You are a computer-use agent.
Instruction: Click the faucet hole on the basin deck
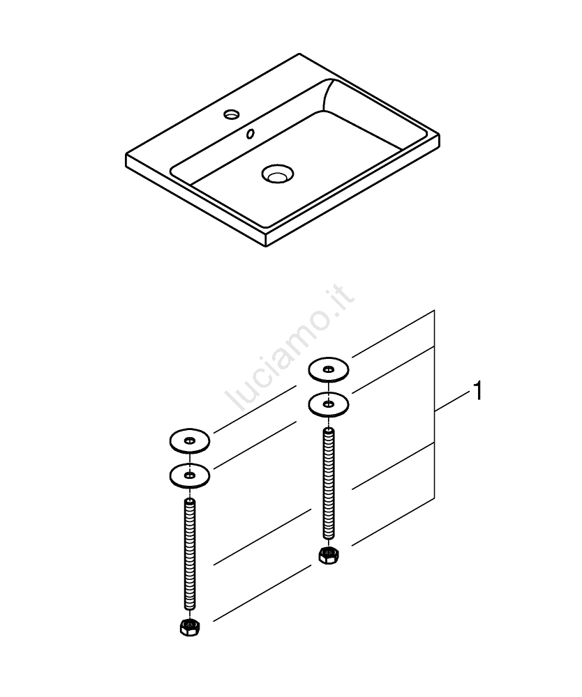point(232,114)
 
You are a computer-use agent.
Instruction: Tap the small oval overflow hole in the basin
point(251,133)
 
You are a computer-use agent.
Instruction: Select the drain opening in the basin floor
point(278,174)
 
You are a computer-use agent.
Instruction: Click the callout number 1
point(477,391)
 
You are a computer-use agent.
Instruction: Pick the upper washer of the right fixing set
point(329,369)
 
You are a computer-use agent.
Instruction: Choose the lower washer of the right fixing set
point(329,404)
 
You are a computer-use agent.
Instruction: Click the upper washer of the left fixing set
point(190,441)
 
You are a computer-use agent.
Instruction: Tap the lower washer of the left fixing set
point(190,475)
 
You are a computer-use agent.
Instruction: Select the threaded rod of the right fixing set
point(329,484)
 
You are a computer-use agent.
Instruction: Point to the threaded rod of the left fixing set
point(190,554)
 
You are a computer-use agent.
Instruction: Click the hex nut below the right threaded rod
point(329,556)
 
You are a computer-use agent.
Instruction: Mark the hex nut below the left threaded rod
point(190,627)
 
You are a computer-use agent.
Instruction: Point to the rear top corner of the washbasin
point(299,54)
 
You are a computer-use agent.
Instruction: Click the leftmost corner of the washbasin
point(126,155)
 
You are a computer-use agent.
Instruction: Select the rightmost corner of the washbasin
point(440,135)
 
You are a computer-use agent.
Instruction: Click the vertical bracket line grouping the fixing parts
point(434,404)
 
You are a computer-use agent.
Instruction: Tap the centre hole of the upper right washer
point(329,369)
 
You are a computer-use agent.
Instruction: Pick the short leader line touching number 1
point(453,401)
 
